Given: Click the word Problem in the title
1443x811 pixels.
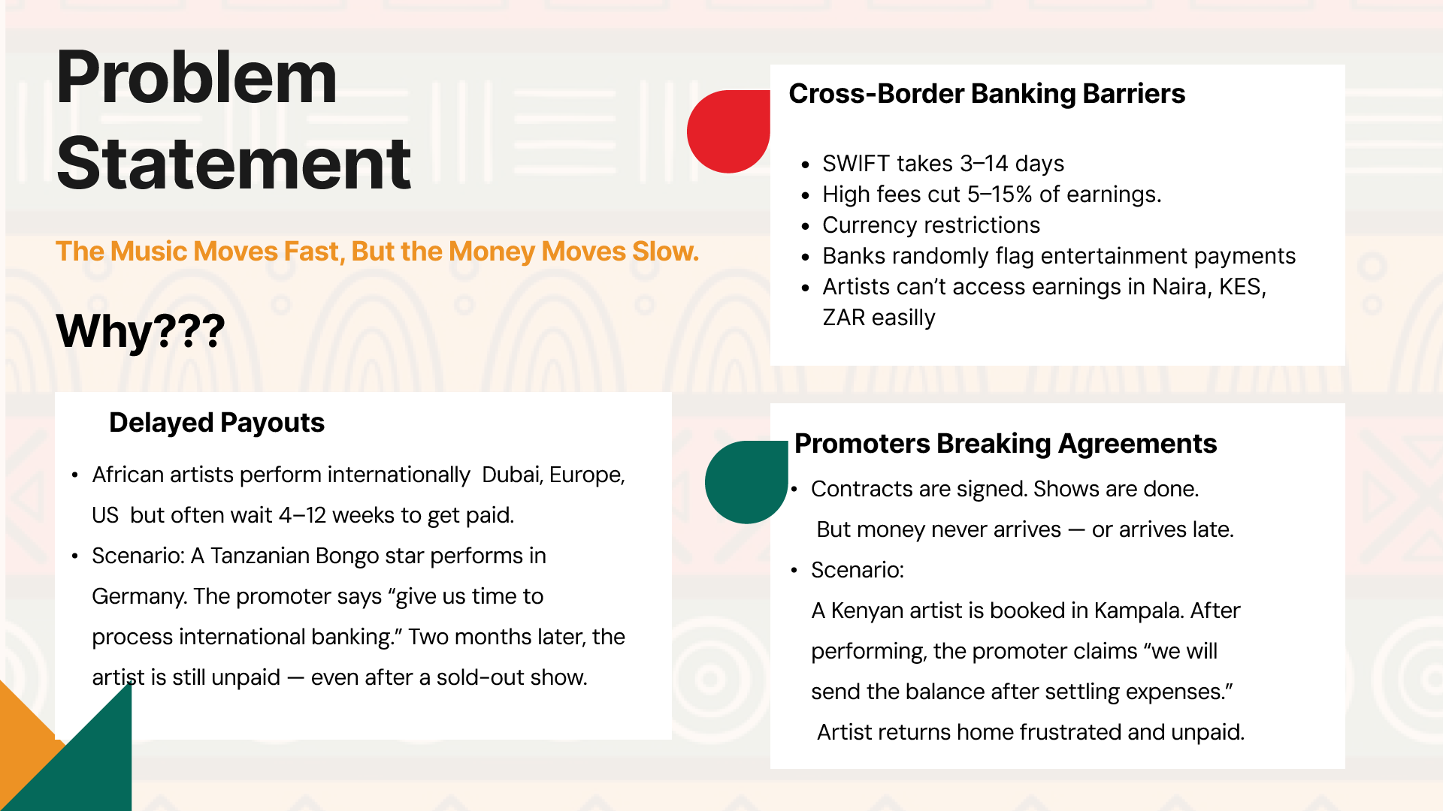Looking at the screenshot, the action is pyautogui.click(x=197, y=77).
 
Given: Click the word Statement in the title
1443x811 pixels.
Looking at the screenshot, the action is pyautogui.click(x=234, y=163).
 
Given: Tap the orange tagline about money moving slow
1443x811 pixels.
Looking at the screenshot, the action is pyautogui.click(x=377, y=252).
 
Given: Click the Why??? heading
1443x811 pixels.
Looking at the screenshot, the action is pyautogui.click(x=141, y=331).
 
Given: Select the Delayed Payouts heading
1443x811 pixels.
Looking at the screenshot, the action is pyautogui.click(x=216, y=423).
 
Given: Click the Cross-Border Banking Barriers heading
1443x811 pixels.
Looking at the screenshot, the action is pyautogui.click(x=987, y=94).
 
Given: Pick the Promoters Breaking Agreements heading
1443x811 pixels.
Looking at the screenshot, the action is pyautogui.click(x=1006, y=444).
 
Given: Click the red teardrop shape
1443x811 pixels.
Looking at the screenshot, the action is pyautogui.click(x=728, y=131).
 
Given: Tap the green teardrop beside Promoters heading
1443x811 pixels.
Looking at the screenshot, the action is pyautogui.click(x=746, y=482).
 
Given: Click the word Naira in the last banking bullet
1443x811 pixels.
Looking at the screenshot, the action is pyautogui.click(x=1179, y=287).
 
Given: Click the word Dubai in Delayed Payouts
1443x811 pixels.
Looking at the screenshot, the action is pyautogui.click(x=512, y=475).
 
